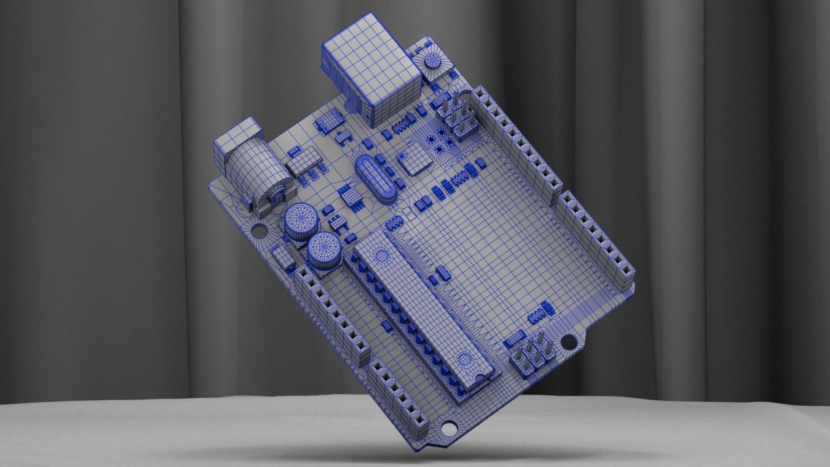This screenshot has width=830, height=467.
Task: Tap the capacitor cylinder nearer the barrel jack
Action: tap(301, 221)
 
